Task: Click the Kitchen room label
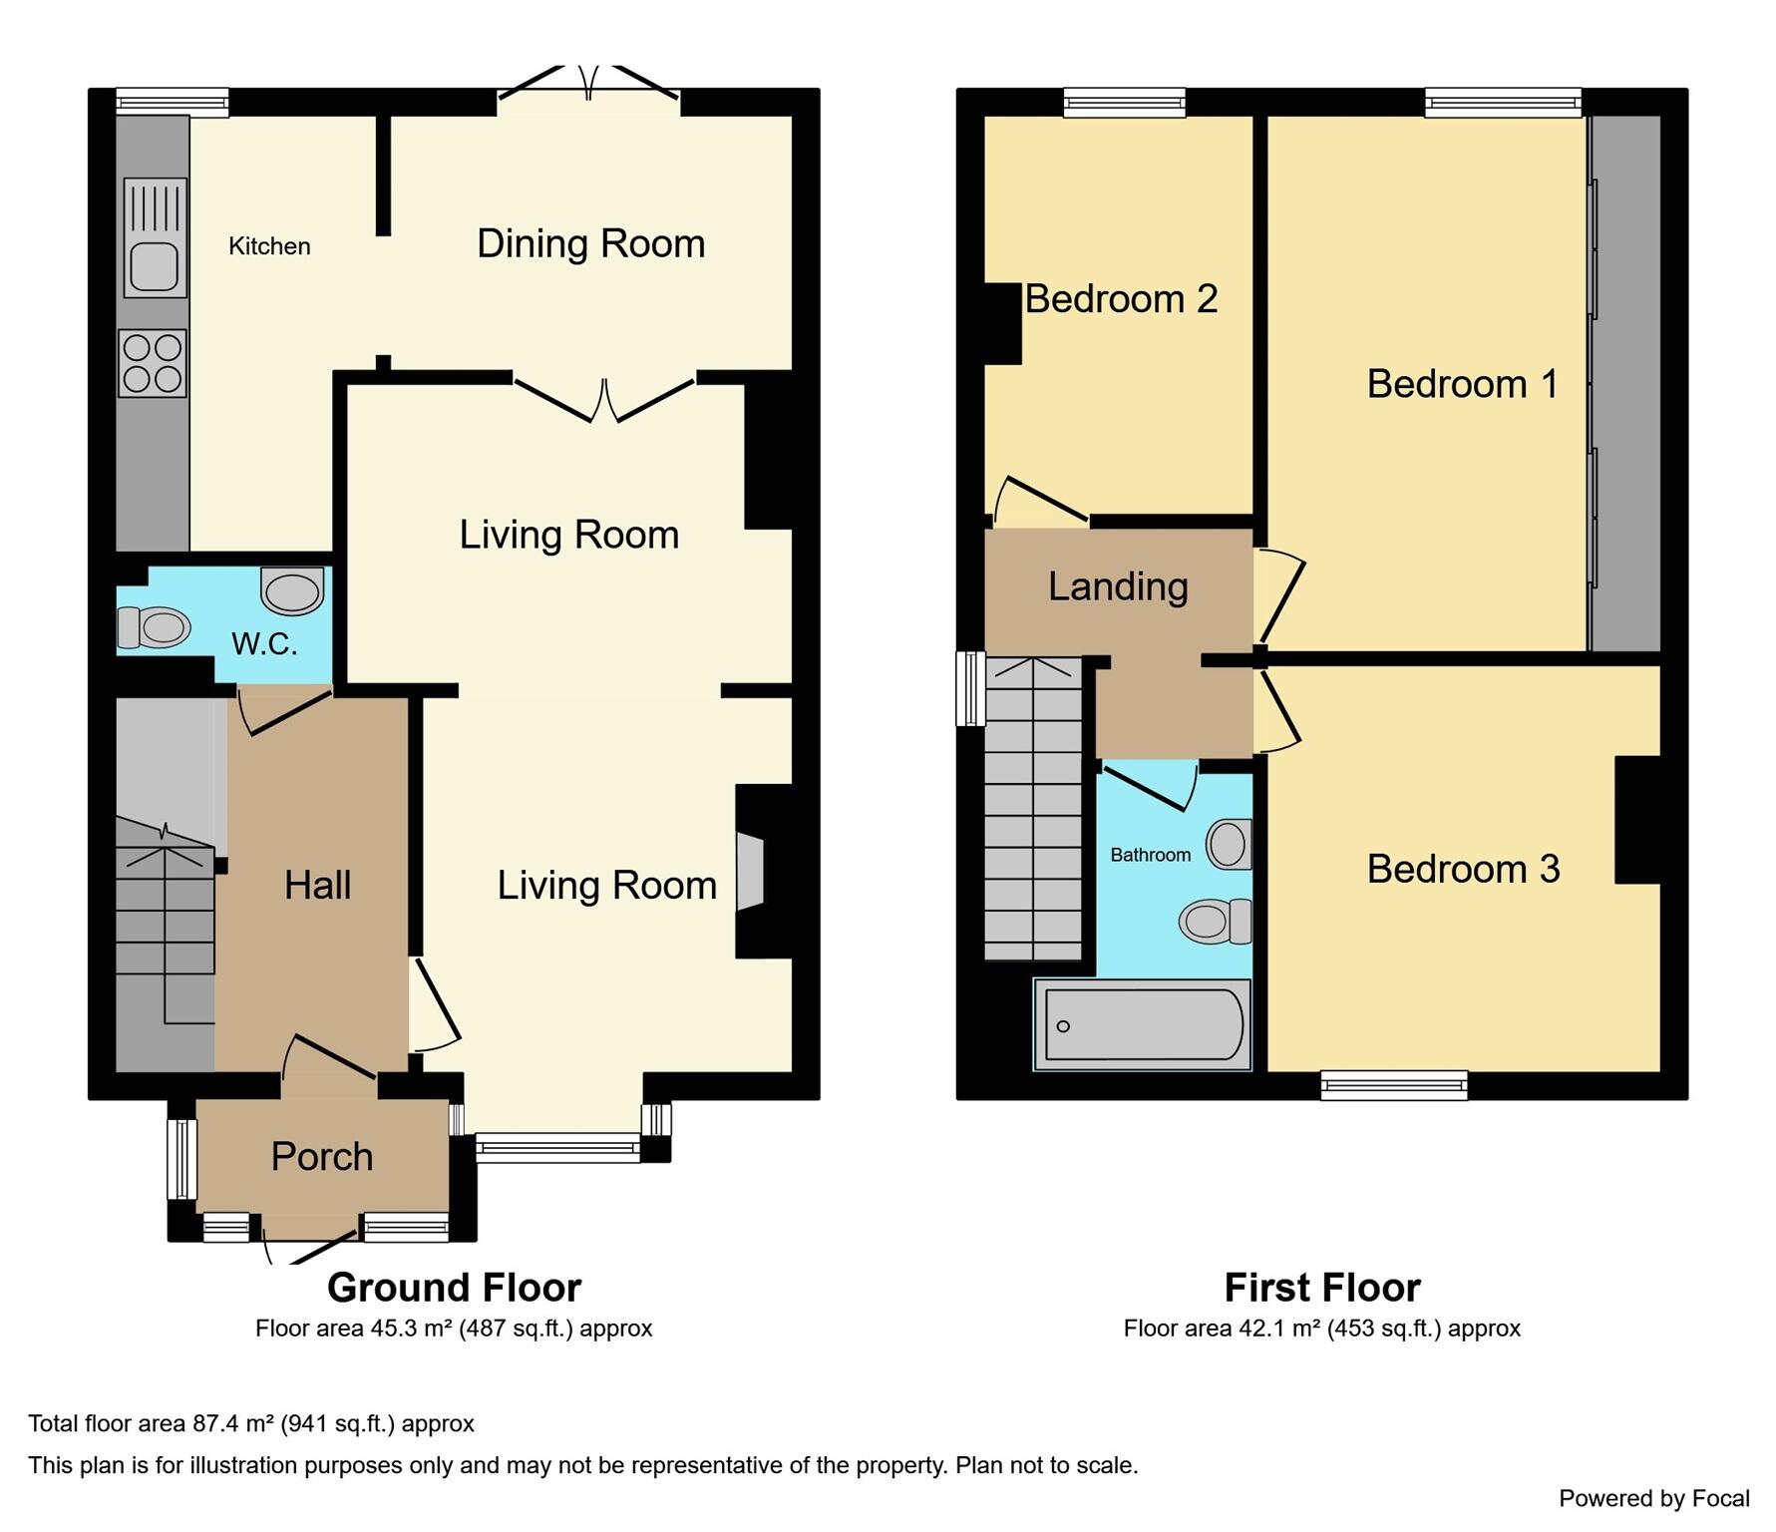pyautogui.click(x=269, y=246)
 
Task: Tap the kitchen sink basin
pyautogui.click(x=154, y=266)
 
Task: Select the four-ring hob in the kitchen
pyautogui.click(x=153, y=363)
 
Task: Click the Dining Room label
pyautogui.click(x=590, y=244)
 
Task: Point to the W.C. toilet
pyautogui.click(x=155, y=627)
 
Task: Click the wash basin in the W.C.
pyautogui.click(x=293, y=591)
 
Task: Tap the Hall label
pyautogui.click(x=317, y=886)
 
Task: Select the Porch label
pyautogui.click(x=322, y=1157)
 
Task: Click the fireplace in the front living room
pyautogui.click(x=751, y=872)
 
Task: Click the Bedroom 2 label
pyautogui.click(x=1121, y=299)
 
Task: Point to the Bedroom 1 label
pyautogui.click(x=1462, y=384)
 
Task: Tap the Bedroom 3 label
pyautogui.click(x=1463, y=869)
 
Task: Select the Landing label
pyautogui.click(x=1118, y=586)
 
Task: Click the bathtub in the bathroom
pyautogui.click(x=1142, y=1025)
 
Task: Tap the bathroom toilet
pyautogui.click(x=1216, y=921)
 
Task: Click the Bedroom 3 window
pyautogui.click(x=1393, y=1085)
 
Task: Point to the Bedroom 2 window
pyautogui.click(x=1124, y=102)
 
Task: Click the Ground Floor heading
pyautogui.click(x=454, y=1288)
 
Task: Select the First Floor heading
pyautogui.click(x=1321, y=1288)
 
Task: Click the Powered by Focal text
pyautogui.click(x=1653, y=1498)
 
